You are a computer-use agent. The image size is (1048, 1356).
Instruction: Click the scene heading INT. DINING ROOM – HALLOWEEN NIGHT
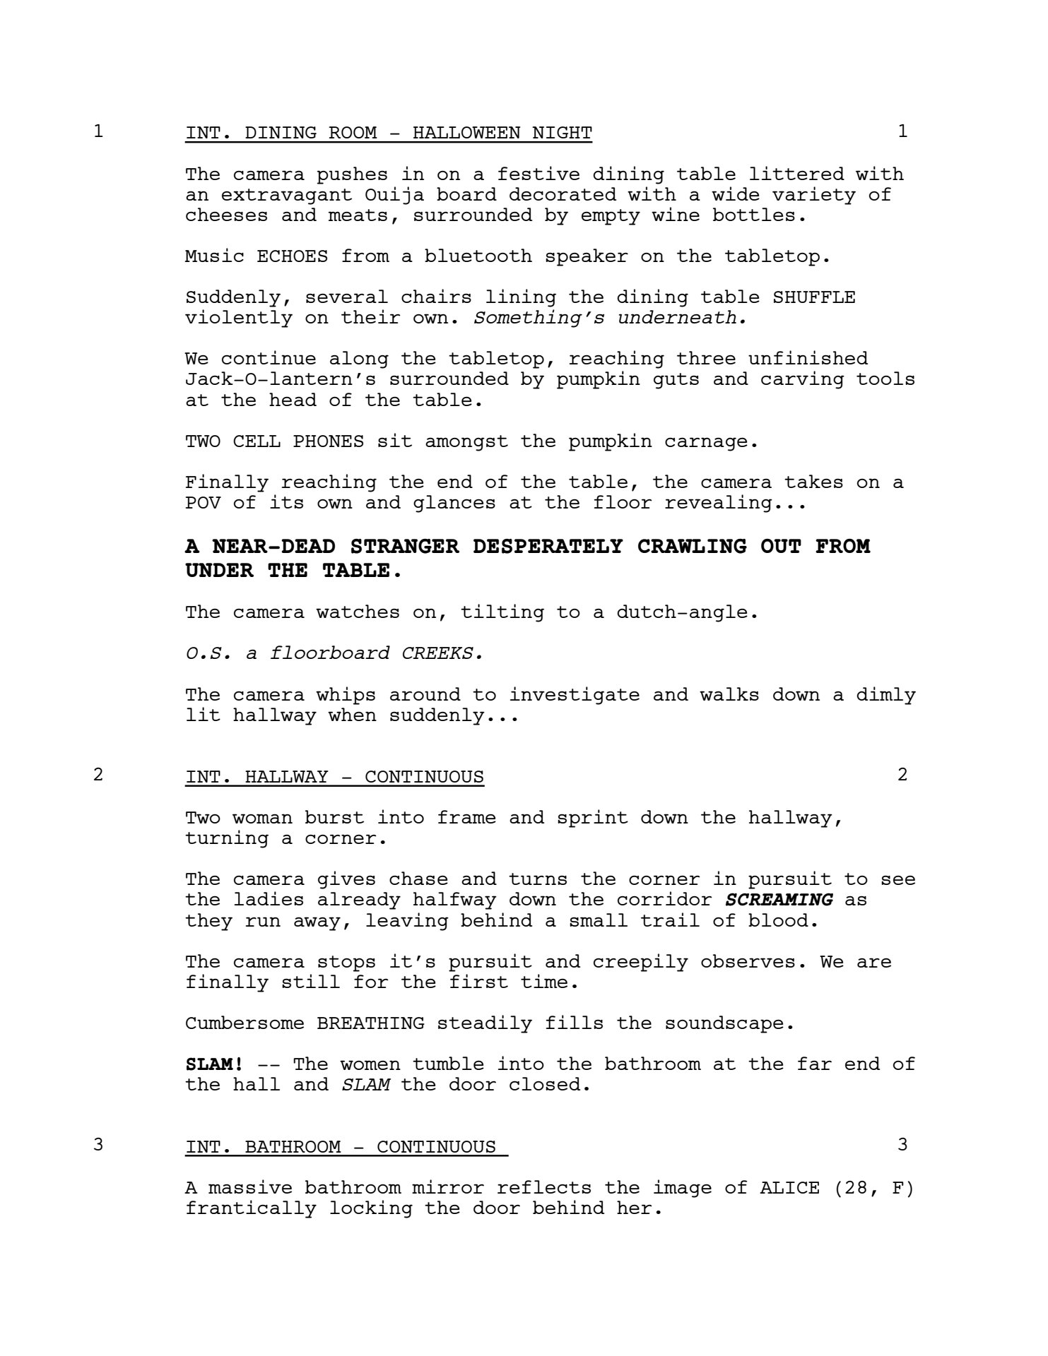coord(389,133)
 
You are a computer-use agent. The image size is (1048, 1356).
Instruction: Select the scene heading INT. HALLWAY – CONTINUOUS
coord(334,777)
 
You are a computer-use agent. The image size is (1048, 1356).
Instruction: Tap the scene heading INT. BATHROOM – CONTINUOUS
coord(346,1146)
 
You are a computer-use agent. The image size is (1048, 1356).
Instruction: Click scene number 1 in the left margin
coord(98,131)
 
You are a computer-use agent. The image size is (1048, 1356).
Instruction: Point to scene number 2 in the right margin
coord(902,775)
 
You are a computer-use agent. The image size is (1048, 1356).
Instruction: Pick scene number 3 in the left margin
coord(98,1145)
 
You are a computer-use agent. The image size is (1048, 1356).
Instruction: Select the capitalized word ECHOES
coord(292,256)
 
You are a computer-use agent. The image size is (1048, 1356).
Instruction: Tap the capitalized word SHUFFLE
coord(813,297)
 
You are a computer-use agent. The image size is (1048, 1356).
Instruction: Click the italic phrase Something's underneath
coord(610,318)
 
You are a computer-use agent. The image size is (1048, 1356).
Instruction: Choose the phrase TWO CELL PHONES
coord(274,442)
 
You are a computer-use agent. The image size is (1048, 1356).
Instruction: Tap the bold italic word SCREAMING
coord(779,900)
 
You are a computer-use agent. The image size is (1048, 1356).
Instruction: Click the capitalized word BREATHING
coord(370,1024)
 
